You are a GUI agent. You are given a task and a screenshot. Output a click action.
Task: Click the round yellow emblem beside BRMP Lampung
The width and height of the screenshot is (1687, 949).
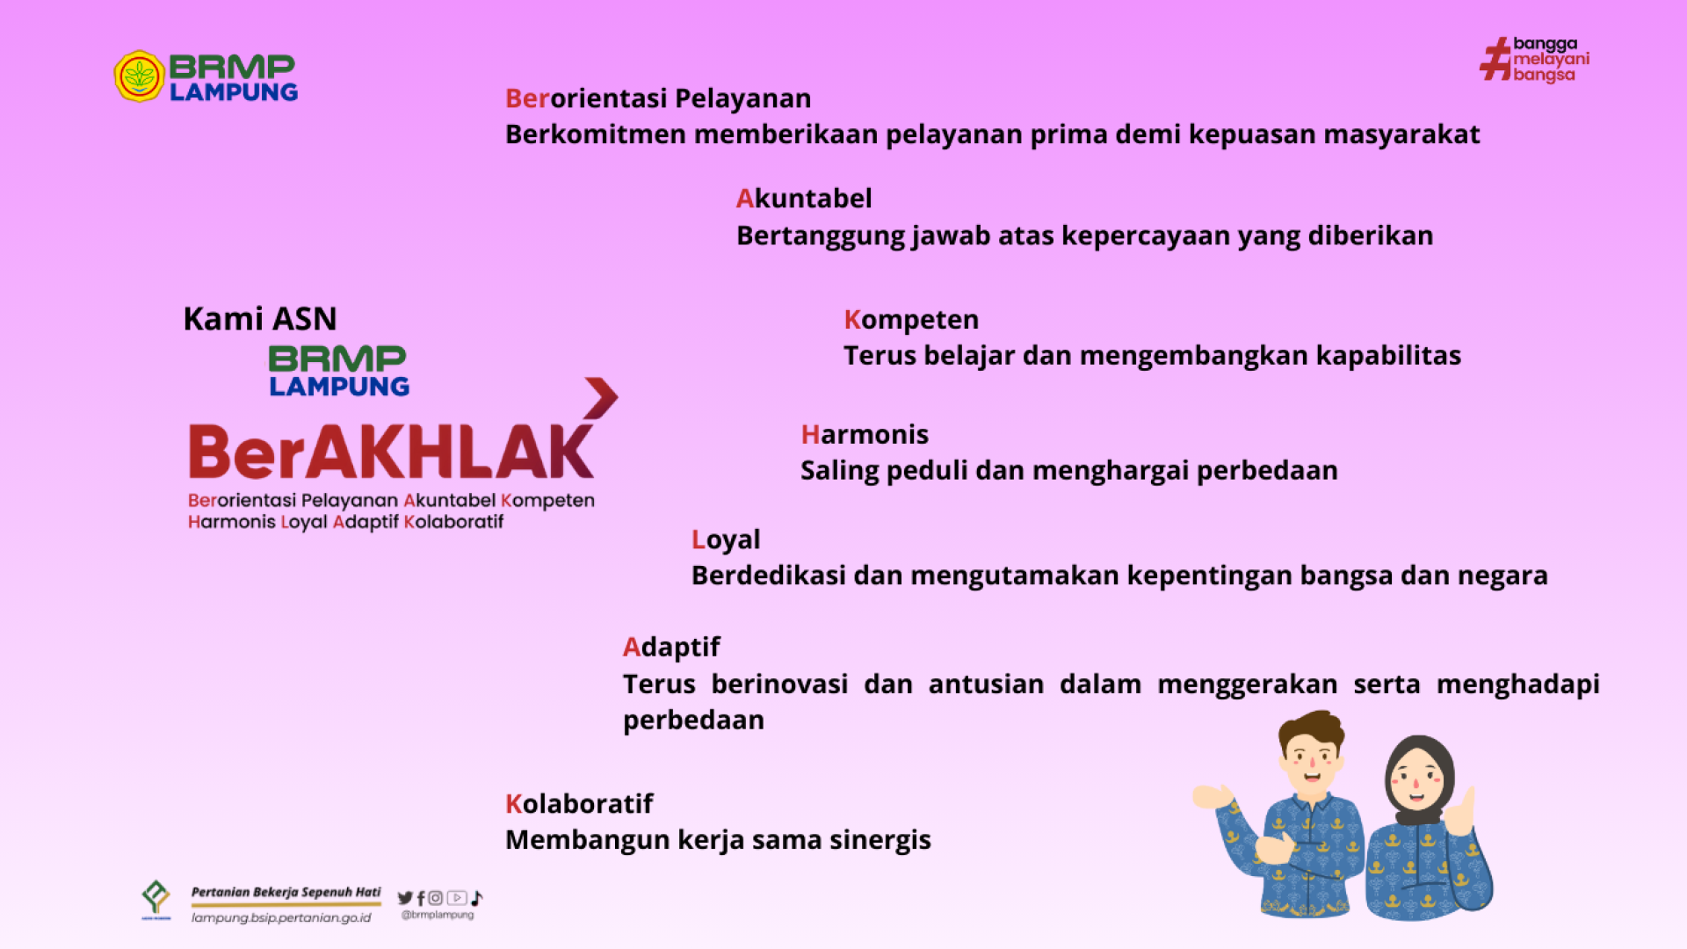click(140, 76)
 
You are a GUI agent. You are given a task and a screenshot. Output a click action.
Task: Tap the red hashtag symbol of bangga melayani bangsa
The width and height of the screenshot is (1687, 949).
click(1495, 59)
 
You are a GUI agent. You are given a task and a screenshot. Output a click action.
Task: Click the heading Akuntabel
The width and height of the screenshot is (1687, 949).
click(804, 199)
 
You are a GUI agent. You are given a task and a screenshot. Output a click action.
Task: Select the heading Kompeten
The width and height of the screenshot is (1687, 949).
click(911, 321)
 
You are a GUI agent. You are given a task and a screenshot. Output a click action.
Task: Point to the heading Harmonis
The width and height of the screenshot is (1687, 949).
click(865, 435)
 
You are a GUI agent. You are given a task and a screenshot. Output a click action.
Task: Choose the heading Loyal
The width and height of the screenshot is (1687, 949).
click(726, 540)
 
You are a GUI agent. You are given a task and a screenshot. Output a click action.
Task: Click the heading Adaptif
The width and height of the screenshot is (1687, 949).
click(671, 648)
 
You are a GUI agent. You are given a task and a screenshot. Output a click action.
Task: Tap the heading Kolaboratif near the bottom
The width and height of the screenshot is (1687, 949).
click(579, 804)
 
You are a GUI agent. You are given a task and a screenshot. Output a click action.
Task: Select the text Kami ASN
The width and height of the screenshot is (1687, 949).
click(260, 319)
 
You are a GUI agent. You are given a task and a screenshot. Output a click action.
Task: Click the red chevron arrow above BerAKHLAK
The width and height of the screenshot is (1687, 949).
click(602, 398)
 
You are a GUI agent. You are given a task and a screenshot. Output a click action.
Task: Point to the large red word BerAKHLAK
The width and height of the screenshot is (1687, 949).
click(392, 452)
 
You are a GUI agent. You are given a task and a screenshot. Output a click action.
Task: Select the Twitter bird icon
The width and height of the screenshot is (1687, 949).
click(405, 898)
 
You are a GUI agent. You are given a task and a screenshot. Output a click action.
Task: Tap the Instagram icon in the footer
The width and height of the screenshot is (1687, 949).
click(436, 898)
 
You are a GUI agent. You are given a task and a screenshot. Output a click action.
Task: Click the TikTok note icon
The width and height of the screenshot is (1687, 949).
click(477, 898)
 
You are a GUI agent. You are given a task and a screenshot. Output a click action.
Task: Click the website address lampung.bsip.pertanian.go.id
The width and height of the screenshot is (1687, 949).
click(281, 918)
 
